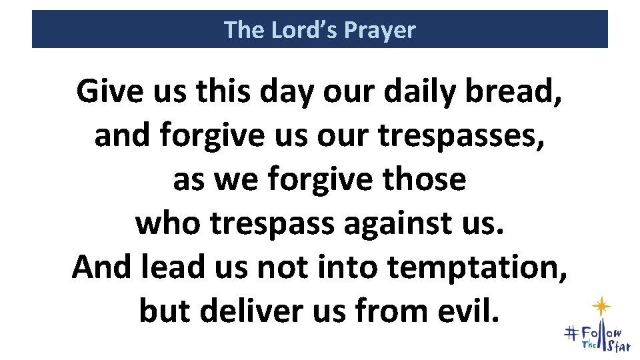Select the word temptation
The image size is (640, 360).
(477, 267)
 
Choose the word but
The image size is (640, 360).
(163, 310)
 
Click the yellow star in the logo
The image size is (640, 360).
(602, 306)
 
